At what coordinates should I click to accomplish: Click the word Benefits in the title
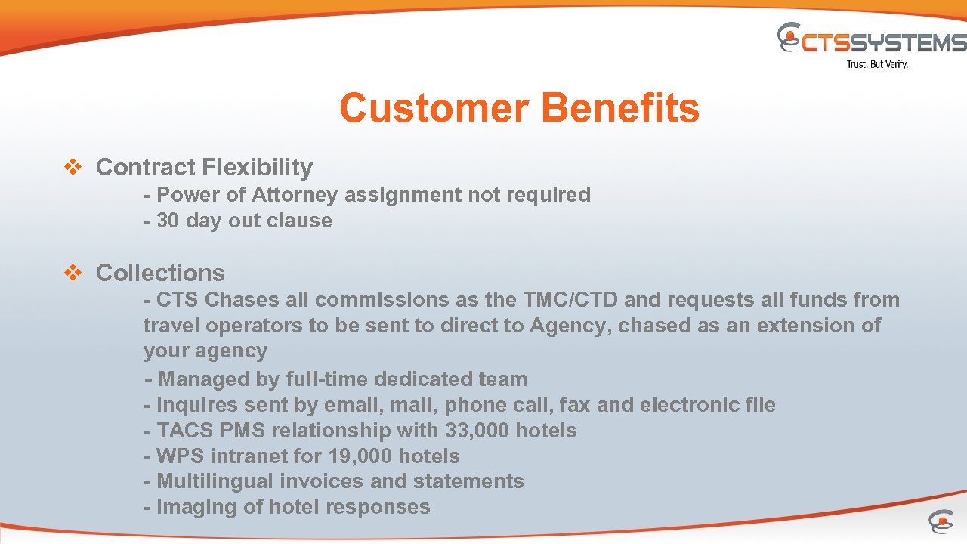coord(619,108)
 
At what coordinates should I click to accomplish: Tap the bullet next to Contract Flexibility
coord(73,168)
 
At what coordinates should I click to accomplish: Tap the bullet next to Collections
coord(73,274)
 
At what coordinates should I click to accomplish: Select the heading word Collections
coord(160,273)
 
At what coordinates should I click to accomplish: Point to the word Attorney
coord(294,195)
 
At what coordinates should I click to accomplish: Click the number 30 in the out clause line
coord(168,221)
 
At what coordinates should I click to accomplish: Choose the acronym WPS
coord(180,456)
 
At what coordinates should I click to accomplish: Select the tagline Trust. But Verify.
coord(877,65)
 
